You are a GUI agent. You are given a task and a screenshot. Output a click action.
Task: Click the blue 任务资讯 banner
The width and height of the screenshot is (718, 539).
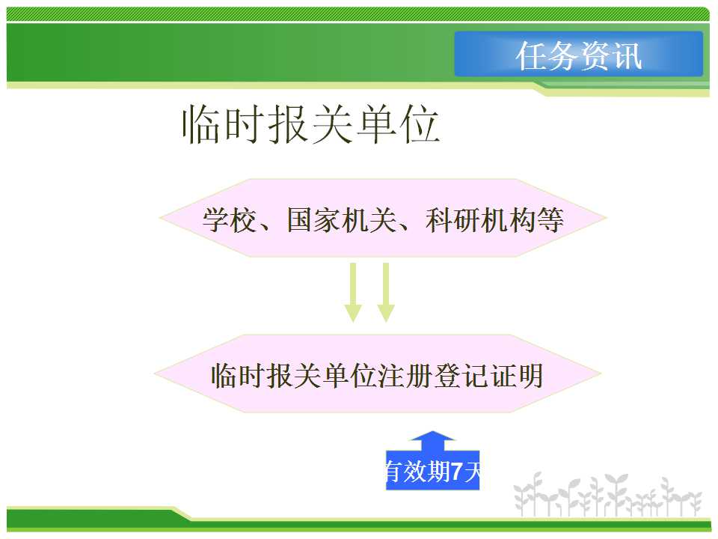point(578,54)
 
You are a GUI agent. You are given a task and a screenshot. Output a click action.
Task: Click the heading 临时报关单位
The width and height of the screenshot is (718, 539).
point(311,124)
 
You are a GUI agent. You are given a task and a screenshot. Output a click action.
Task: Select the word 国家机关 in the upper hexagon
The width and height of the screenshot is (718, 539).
point(342,220)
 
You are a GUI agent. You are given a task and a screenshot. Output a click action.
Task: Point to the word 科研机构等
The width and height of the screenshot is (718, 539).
point(494,220)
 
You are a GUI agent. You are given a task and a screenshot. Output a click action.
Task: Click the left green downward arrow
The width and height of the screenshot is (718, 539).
point(353,293)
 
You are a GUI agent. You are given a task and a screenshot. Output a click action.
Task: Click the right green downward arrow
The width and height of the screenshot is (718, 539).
point(386,293)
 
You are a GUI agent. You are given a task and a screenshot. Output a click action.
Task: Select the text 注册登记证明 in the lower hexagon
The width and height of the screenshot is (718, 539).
point(461,376)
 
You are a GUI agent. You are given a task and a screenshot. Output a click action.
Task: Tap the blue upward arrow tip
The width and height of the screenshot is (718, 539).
point(432,432)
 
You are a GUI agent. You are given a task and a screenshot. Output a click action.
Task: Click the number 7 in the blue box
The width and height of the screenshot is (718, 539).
point(456,471)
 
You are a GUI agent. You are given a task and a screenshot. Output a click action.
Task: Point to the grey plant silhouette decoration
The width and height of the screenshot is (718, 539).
point(607,496)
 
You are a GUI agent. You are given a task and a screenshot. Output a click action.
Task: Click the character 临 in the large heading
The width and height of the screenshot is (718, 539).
point(203,124)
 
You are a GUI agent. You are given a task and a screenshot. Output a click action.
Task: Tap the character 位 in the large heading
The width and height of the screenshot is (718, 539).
point(420,124)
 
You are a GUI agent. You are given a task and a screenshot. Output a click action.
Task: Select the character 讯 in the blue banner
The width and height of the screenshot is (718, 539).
point(627,55)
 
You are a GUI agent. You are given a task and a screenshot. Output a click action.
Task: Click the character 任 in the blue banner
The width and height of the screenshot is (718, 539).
point(531,55)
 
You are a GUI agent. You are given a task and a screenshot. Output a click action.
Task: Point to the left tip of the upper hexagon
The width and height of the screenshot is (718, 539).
point(160,218)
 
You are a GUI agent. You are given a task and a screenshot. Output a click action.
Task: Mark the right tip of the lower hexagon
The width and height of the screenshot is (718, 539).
point(600,374)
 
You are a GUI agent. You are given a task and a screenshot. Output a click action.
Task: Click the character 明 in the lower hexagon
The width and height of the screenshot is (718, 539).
point(530,376)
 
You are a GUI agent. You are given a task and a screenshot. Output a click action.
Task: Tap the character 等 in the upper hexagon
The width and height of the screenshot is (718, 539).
point(550,220)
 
